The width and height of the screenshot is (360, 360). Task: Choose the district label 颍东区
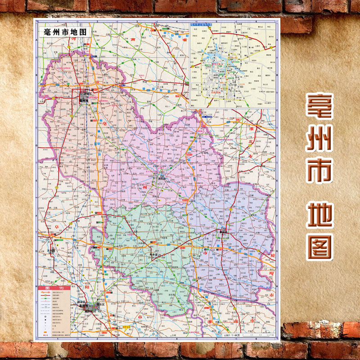(x=103, y=304)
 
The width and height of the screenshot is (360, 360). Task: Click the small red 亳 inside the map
(x=107, y=124)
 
